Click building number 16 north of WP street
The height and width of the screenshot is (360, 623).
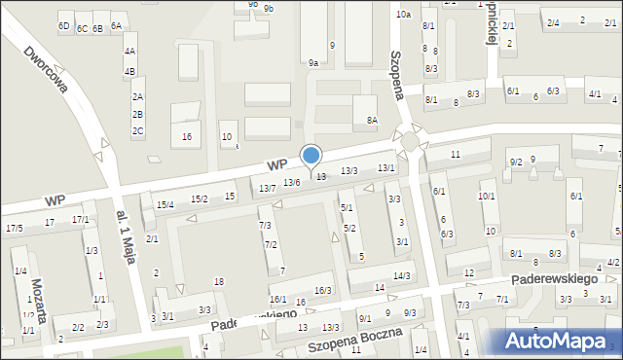click(x=186, y=136)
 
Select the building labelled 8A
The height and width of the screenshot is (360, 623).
click(x=371, y=120)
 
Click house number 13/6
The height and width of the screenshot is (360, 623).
click(x=291, y=182)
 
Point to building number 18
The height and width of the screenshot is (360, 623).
click(x=219, y=282)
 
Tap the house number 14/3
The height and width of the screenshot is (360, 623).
click(x=401, y=276)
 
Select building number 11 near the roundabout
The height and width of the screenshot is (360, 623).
click(x=456, y=155)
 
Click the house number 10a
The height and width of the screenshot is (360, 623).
click(x=403, y=15)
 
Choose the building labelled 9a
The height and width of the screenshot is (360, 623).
click(x=313, y=62)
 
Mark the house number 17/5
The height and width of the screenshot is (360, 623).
click(x=14, y=228)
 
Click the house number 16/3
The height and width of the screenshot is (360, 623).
click(x=323, y=290)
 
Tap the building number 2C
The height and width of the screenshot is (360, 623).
click(x=138, y=130)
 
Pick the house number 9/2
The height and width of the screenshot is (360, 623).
click(x=516, y=162)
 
